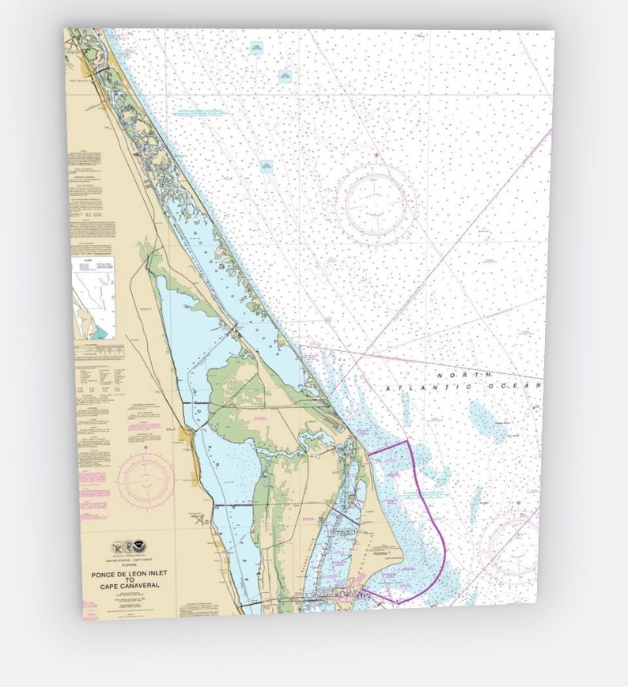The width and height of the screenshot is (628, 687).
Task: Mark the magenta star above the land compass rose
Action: click(146, 448)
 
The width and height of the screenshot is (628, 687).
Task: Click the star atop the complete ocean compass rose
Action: click(376, 156)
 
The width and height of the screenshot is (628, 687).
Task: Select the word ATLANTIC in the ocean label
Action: click(441, 387)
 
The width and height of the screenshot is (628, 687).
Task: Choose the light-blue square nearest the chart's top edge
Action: click(255, 48)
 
